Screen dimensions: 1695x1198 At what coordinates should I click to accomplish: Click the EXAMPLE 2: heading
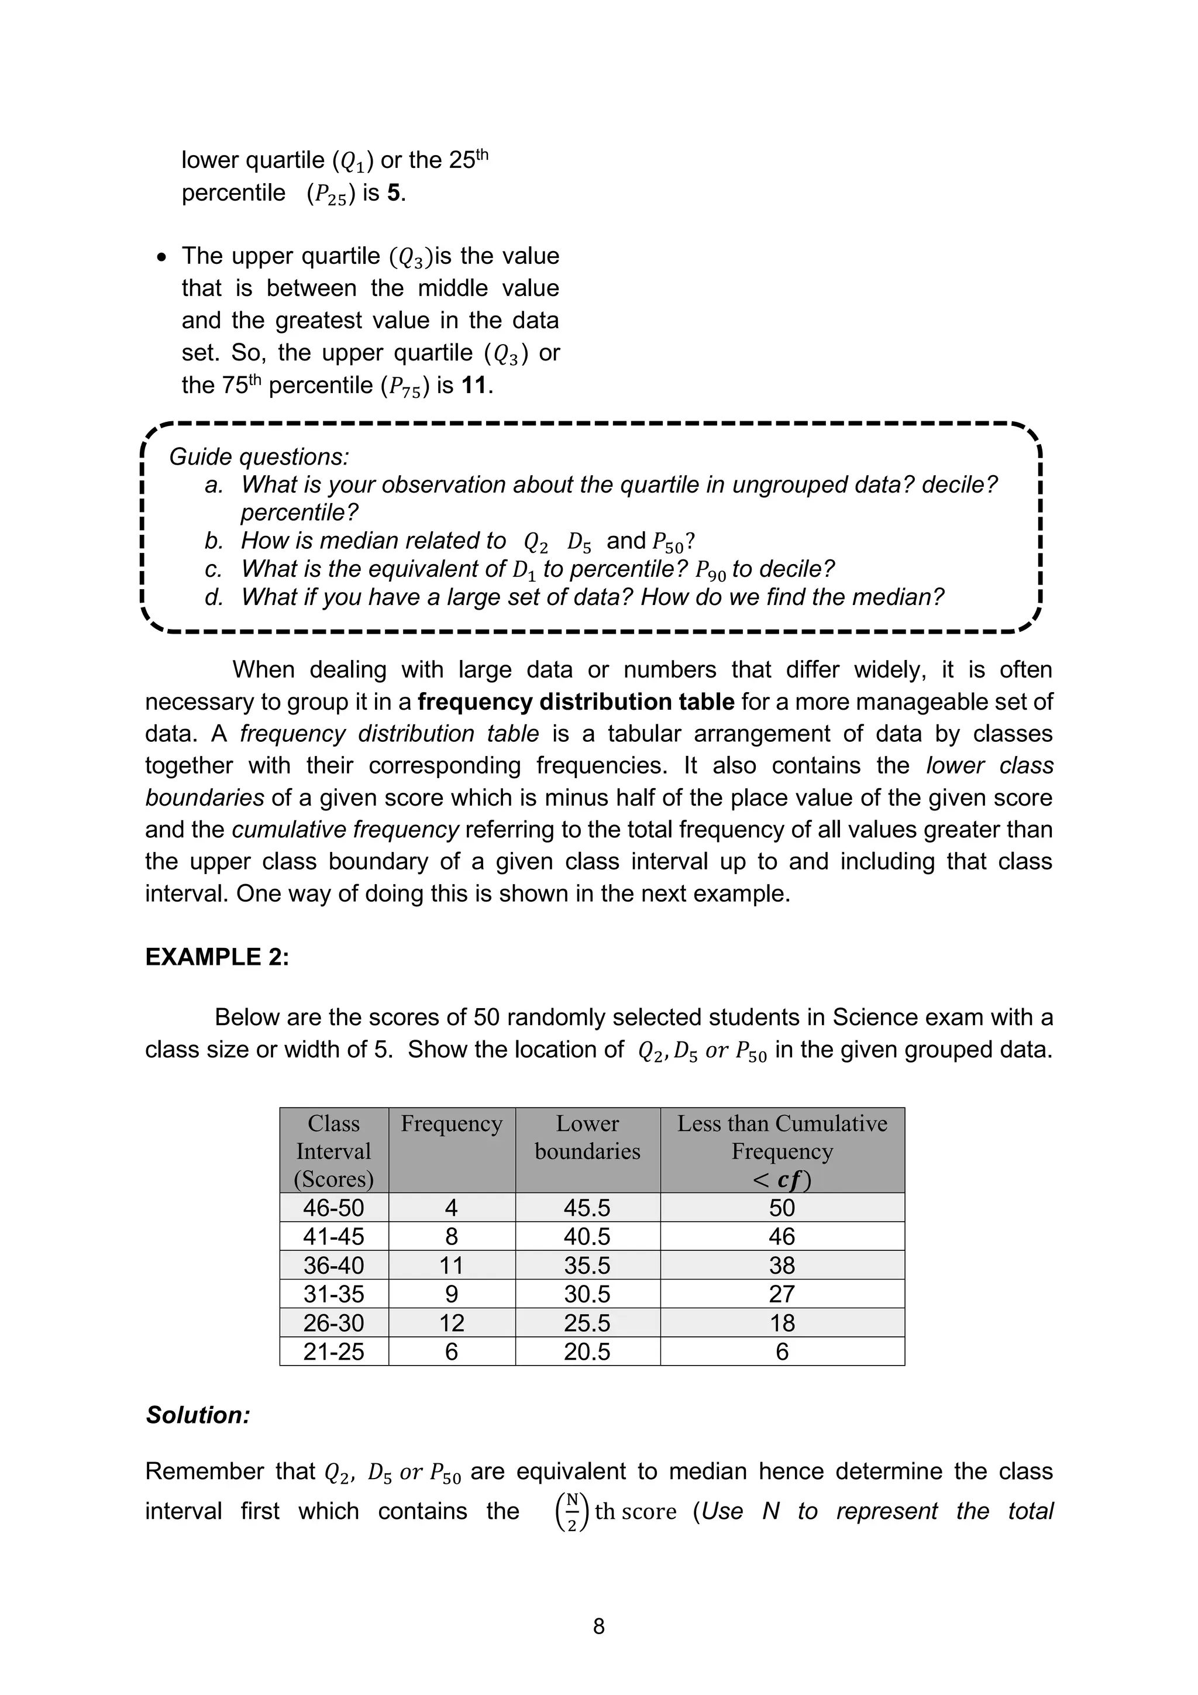217,957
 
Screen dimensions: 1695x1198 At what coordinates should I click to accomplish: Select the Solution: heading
198,1415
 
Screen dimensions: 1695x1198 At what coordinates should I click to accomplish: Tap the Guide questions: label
259,456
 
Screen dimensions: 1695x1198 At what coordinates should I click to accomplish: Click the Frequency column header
451,1123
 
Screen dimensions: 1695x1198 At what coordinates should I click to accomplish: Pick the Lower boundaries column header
587,1137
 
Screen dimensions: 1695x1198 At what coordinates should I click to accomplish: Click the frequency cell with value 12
451,1322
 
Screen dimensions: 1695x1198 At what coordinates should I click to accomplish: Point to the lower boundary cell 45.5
587,1208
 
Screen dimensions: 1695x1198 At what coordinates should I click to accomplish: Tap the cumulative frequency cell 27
782,1294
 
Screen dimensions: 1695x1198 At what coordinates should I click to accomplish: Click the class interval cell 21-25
333,1351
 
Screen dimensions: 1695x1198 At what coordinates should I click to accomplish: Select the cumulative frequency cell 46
782,1236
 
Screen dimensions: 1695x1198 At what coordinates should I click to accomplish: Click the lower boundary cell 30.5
587,1294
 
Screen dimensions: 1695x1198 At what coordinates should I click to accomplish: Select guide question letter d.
214,597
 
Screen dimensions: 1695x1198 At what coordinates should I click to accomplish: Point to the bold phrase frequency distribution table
576,702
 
